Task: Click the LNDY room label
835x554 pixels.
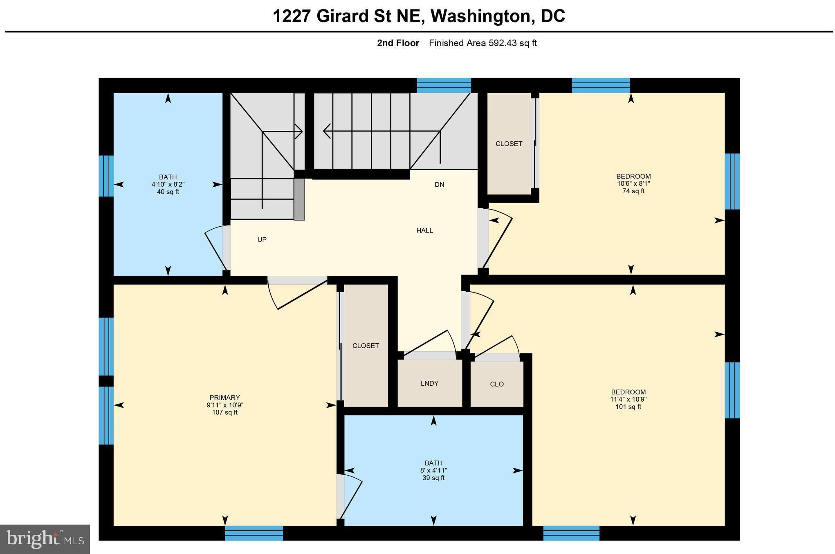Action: pos(429,383)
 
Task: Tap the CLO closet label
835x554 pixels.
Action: pos(497,384)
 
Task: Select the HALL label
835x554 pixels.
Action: pos(424,230)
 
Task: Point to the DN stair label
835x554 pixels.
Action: pos(440,185)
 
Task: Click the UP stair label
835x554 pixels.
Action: pos(262,240)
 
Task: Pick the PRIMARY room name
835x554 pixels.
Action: pos(224,398)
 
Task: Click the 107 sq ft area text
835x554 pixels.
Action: pos(225,412)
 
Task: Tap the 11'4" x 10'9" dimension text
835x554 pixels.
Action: pos(628,400)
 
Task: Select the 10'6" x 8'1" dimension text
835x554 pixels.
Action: pos(633,184)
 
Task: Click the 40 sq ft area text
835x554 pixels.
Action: pos(168,192)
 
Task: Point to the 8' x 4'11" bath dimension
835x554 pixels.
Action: pos(433,471)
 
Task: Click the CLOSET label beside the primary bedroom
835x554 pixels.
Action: pos(366,346)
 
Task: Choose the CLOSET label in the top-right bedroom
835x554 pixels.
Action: pos(509,144)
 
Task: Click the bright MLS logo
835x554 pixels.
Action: pos(45,539)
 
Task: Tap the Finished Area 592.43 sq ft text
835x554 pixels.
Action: pos(483,43)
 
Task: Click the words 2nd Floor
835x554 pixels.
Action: pos(398,43)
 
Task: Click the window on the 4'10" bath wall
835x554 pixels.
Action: pos(106,176)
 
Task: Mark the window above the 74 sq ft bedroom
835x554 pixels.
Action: pos(601,85)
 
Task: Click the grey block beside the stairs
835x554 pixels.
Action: pos(299,199)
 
